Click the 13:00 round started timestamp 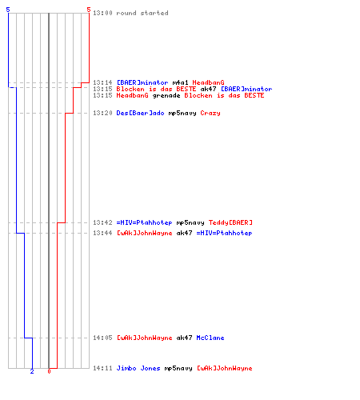coord(102,13)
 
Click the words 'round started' coord(142,13)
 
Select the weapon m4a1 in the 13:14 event coord(180,82)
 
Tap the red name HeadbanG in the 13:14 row coord(208,82)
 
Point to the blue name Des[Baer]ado coord(140,113)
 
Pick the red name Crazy coord(210,113)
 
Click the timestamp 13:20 coord(102,113)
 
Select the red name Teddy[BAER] coord(230,222)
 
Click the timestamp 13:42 coord(102,222)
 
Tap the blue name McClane coord(210,338)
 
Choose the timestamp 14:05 coord(102,338)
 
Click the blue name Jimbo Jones coord(138,368)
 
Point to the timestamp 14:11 coord(102,368)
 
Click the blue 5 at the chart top coord(8,10)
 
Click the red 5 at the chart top coord(89,10)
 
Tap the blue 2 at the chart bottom coord(32,371)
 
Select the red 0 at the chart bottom coord(49,371)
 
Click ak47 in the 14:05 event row coord(184,338)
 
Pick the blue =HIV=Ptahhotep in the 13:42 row coord(144,222)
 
